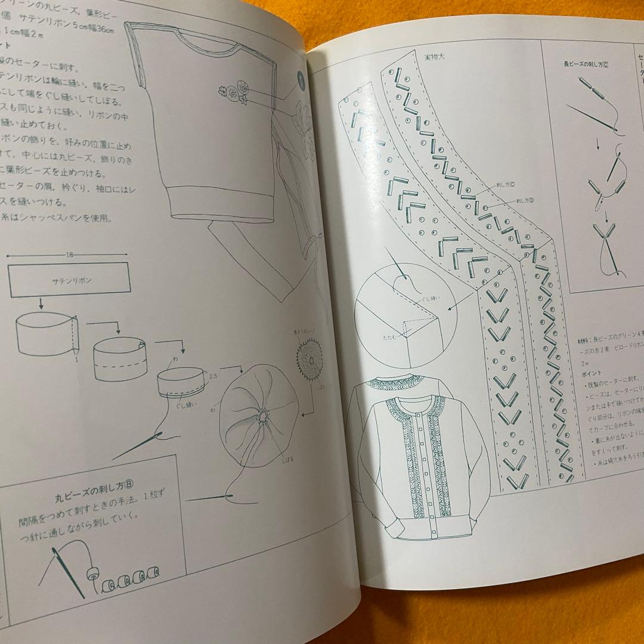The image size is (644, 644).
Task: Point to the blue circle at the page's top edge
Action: click(302, 79)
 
